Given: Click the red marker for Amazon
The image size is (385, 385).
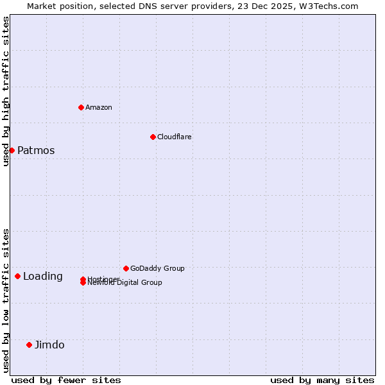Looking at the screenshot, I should [81, 107].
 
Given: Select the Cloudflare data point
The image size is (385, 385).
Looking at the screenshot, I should [153, 137].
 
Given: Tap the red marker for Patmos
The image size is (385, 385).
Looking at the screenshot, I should [12, 150].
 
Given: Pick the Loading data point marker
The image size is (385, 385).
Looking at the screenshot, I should [17, 276].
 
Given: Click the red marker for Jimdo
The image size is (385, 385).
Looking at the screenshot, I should [29, 345].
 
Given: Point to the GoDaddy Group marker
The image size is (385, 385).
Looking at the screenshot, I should [126, 268].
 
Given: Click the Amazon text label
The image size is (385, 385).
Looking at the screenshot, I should [98, 107].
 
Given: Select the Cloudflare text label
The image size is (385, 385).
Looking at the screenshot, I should [174, 137].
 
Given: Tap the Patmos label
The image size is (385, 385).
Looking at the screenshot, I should [36, 151].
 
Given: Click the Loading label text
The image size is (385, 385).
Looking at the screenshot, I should [42, 277].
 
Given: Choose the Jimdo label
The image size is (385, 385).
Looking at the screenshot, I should [49, 345].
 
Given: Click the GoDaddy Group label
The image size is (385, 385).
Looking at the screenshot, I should [157, 268].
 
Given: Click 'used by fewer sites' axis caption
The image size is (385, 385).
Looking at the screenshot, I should [66, 380].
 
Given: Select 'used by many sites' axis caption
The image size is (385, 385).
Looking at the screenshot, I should [322, 380].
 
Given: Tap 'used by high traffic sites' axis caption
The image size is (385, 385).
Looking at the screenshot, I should [6, 91].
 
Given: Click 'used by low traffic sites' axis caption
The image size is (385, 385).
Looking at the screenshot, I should [6, 300].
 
